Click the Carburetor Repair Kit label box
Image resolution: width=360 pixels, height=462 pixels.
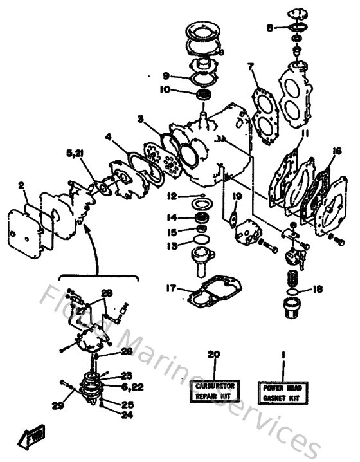214,391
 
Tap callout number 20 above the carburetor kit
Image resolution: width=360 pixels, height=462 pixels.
213,355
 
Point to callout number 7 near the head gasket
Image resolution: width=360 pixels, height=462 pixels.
250,67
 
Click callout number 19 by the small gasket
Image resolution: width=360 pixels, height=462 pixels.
237,196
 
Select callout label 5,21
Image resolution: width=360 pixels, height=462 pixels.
75,153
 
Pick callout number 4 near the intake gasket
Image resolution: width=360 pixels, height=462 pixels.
109,136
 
